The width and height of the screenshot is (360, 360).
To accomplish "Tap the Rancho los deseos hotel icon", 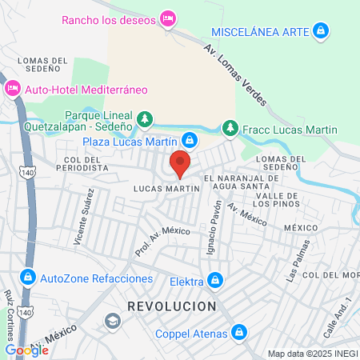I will coord(168,18).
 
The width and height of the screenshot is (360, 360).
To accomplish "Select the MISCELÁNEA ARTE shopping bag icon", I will coord(320,31).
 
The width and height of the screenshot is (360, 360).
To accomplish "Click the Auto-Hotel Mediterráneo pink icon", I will coord(12,89).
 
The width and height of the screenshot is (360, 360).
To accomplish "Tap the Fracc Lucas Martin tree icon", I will coord(230,129).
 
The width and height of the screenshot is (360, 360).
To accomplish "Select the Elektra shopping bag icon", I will coord(214,280).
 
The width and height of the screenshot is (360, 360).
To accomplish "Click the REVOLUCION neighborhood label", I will coord(171,306).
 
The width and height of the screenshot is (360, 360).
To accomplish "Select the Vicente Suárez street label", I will coord(86,212).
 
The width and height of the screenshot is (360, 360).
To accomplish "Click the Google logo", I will coord(26,350).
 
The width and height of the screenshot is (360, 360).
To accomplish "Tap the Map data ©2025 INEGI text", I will coord(311,354).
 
